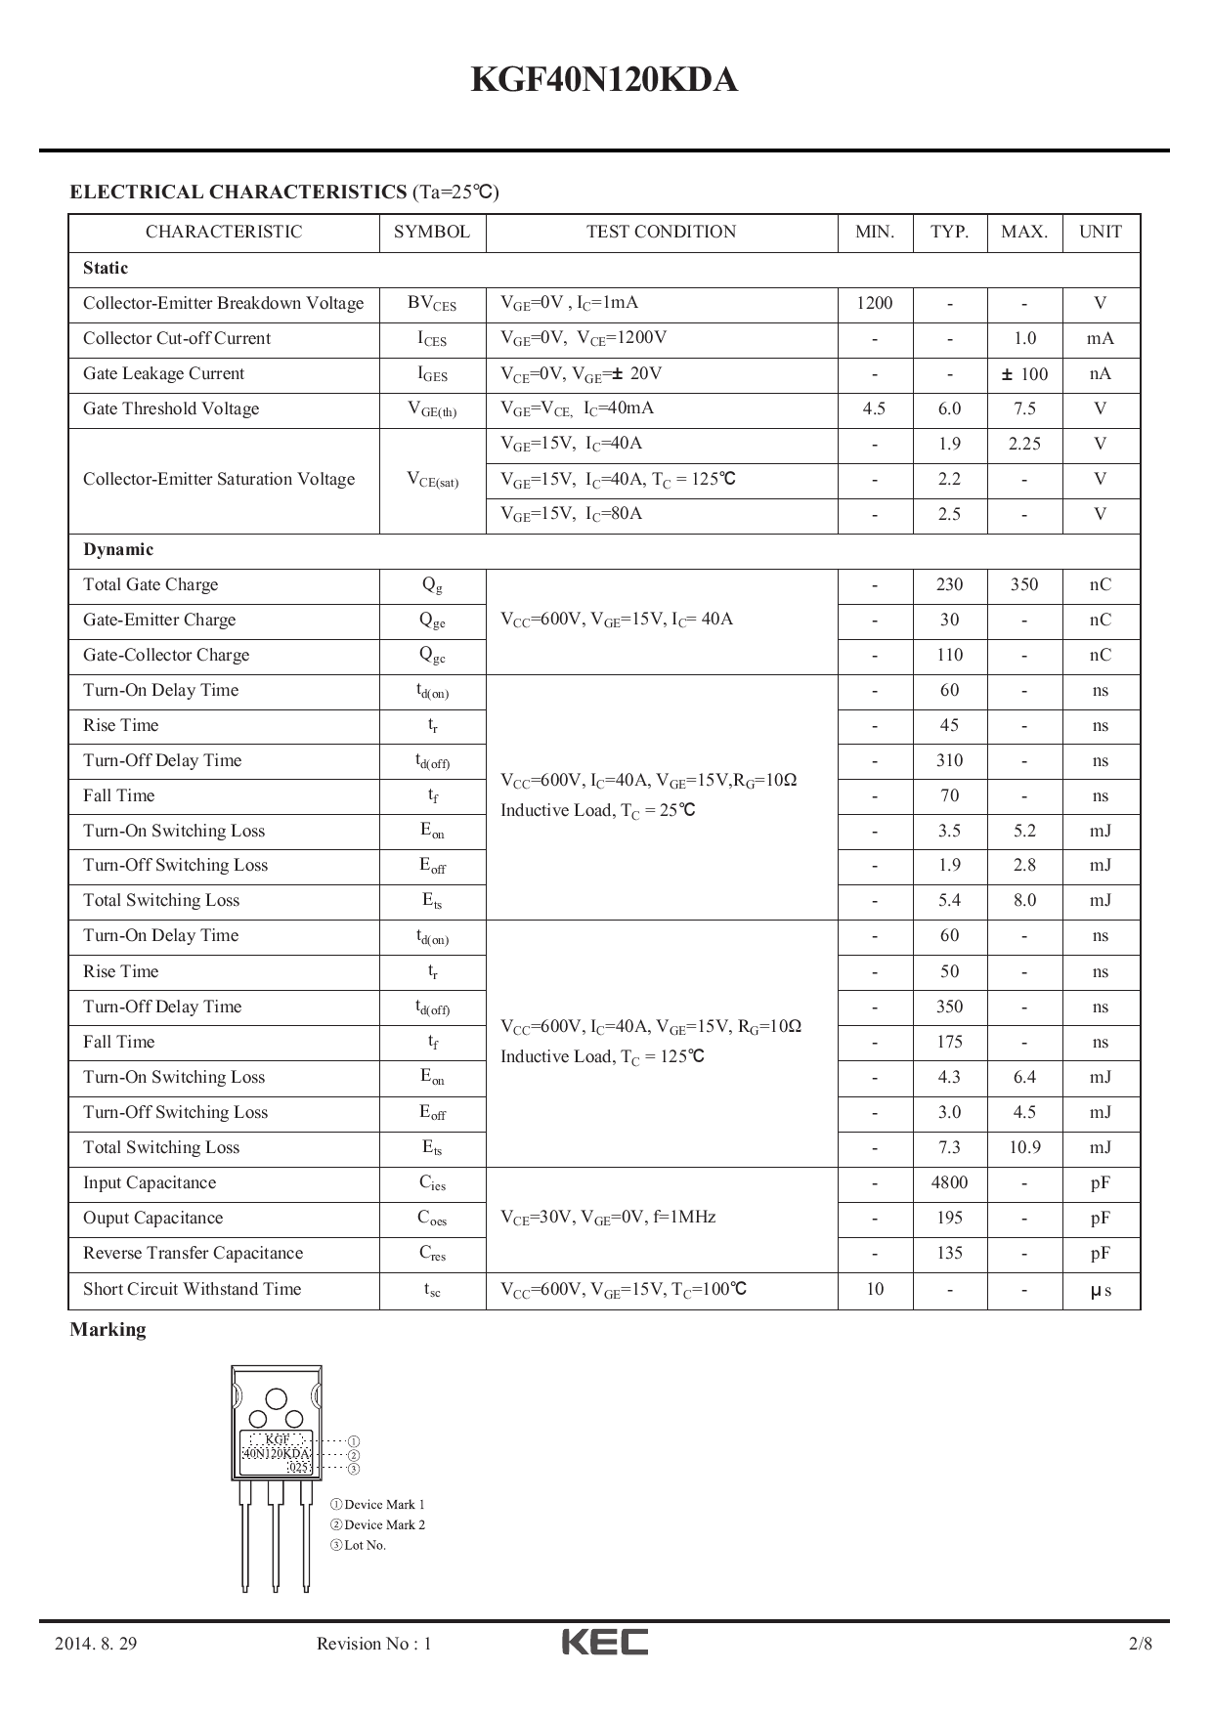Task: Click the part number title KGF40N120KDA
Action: coord(604,80)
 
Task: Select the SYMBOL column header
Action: coord(431,232)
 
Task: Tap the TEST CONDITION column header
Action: coord(661,232)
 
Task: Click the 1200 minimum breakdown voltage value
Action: coord(874,303)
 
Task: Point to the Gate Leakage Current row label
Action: coord(163,373)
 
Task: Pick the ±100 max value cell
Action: coord(1024,373)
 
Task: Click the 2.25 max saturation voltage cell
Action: coord(1024,444)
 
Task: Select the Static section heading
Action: coord(106,268)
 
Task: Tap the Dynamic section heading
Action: coord(118,549)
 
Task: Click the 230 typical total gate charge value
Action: coord(949,584)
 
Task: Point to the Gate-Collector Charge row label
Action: coord(166,655)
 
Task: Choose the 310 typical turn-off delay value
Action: coord(949,760)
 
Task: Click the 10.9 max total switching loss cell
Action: coord(1024,1147)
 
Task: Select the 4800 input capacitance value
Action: coord(949,1182)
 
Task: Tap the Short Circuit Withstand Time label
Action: coord(192,1289)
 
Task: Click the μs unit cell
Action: coord(1101,1290)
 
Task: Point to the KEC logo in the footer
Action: coord(604,1642)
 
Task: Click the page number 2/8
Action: coord(1140,1644)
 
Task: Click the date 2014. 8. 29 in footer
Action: coord(96,1644)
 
